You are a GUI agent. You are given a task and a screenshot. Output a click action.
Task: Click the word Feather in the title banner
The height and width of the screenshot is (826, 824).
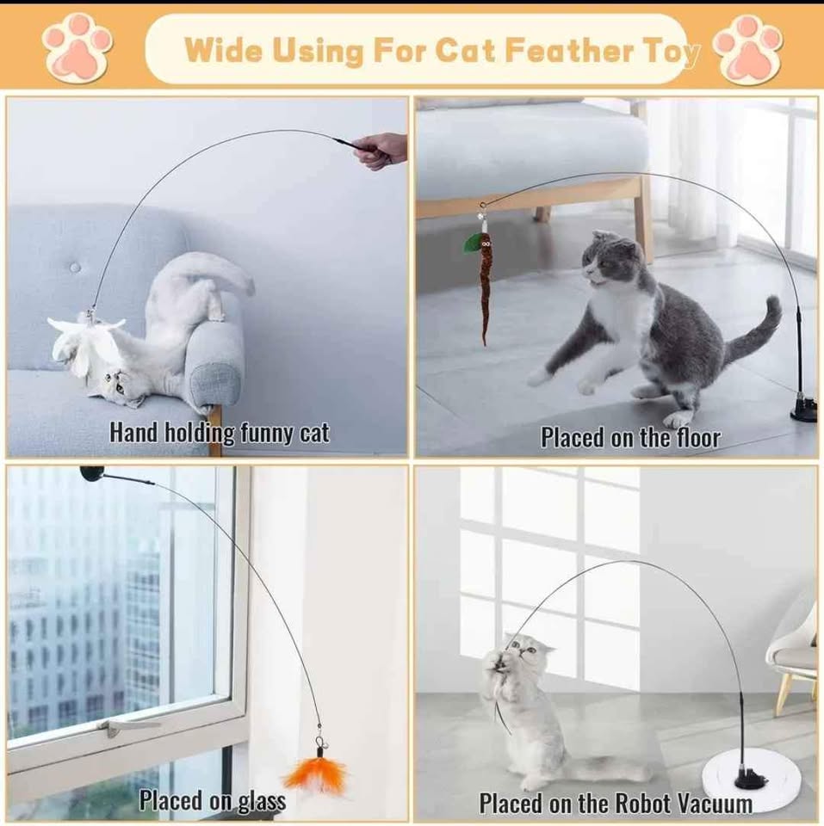coord(569,50)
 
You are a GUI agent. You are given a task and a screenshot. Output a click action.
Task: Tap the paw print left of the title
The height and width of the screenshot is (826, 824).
coord(77,48)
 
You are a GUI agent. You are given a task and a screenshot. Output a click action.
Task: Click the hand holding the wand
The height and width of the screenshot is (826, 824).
coord(381,151)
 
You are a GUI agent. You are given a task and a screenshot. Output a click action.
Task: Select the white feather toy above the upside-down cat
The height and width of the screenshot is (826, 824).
coord(84,342)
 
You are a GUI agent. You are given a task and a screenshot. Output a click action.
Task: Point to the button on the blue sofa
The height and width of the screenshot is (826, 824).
coord(75,267)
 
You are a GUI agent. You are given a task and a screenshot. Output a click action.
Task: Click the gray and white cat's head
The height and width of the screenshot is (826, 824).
coord(612,261)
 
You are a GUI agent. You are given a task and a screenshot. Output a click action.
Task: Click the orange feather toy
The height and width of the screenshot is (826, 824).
coord(317,774)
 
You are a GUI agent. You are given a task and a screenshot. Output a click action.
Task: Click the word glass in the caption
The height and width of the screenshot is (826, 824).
coord(262,801)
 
